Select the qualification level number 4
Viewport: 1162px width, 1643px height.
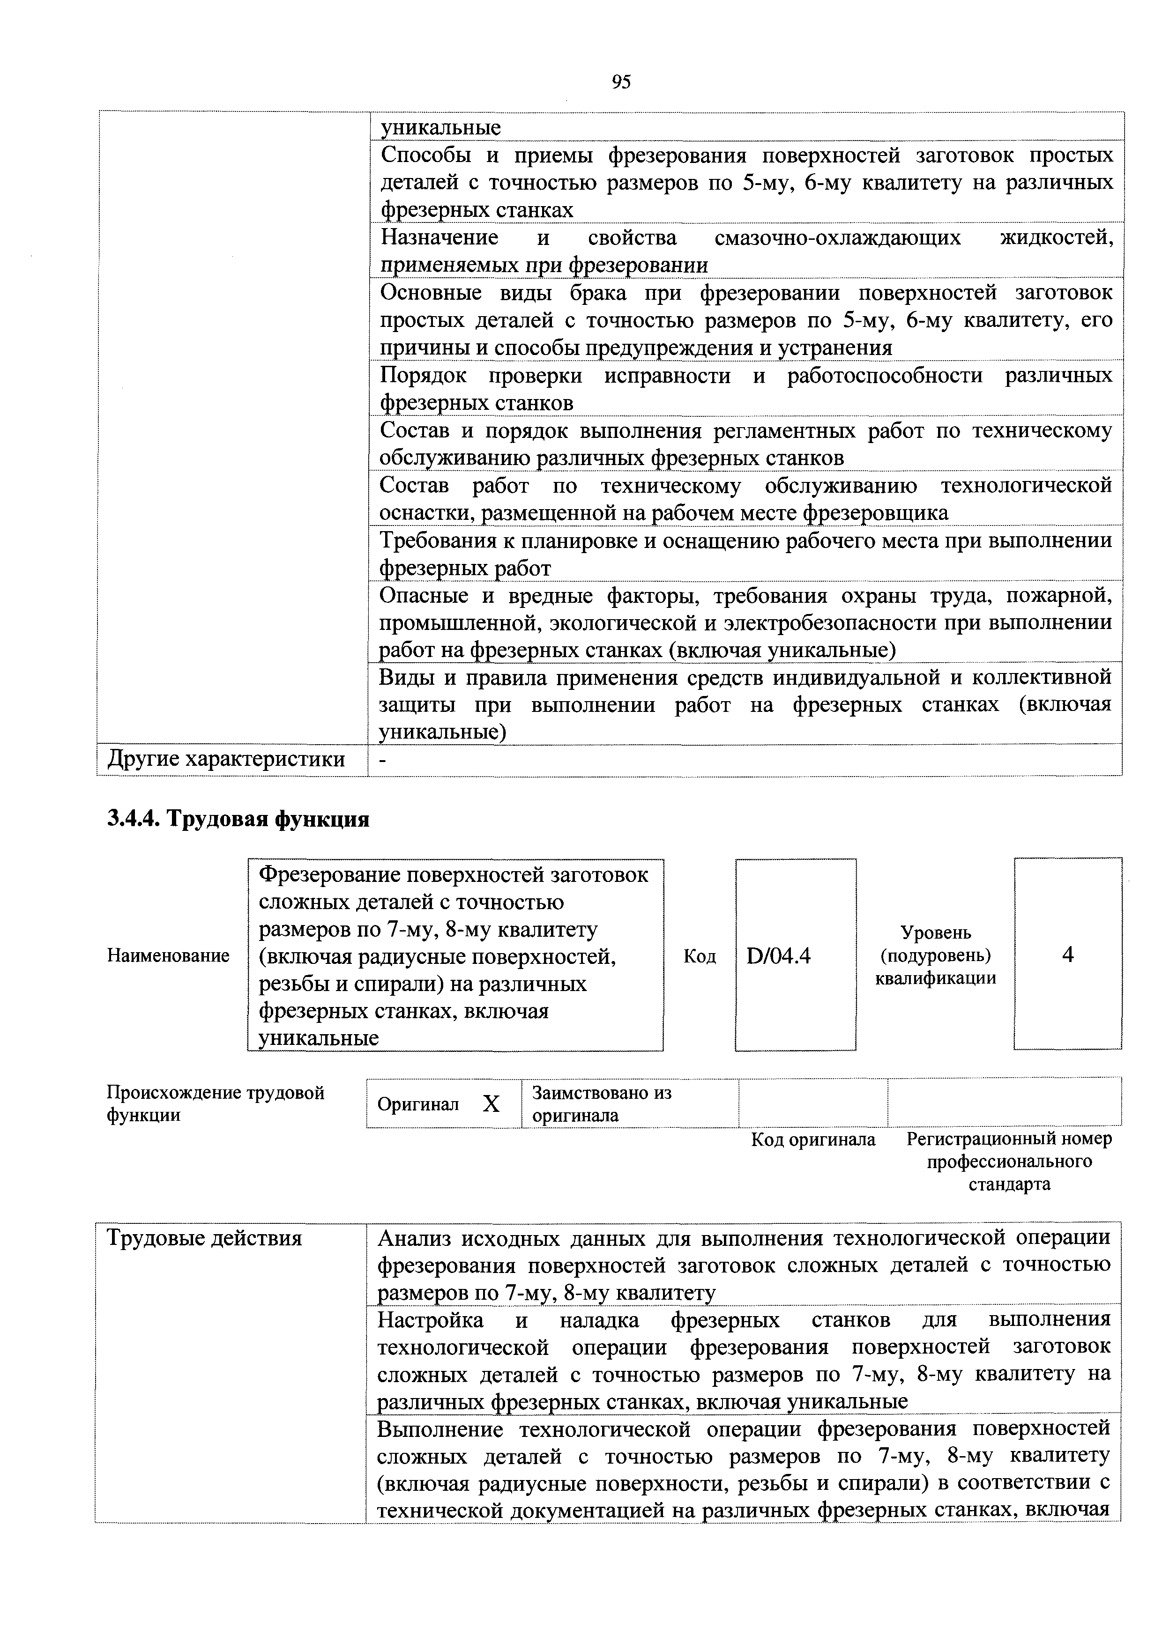[1067, 955]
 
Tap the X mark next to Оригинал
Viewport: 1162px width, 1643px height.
[491, 1104]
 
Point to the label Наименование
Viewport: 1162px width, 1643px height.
[168, 955]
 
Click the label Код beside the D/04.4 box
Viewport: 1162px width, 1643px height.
[700, 956]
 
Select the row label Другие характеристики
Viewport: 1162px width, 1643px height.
[226, 759]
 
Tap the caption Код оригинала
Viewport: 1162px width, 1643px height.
[812, 1139]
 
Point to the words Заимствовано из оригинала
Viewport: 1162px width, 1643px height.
[602, 1104]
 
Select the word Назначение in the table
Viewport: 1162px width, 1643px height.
[439, 237]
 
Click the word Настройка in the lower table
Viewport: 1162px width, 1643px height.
[430, 1319]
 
